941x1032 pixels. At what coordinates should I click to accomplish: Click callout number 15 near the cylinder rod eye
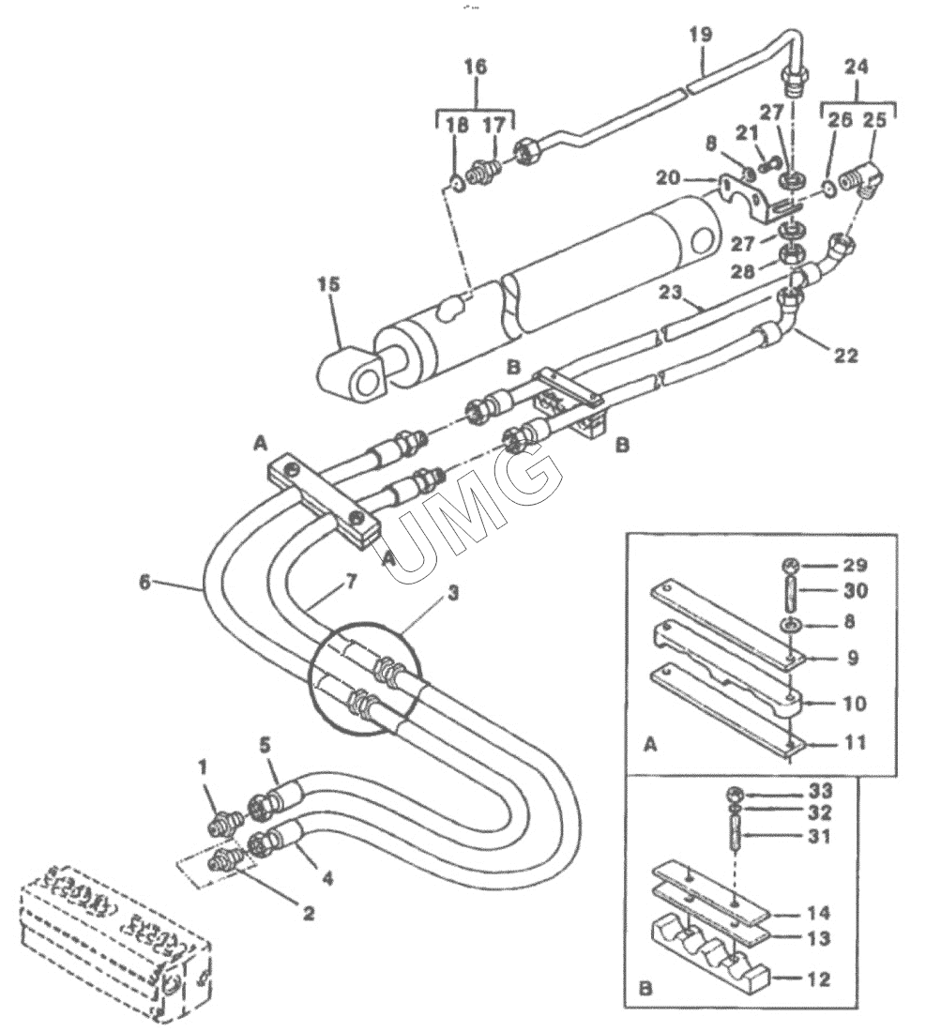(328, 285)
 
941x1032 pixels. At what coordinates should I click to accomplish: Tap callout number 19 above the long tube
(702, 34)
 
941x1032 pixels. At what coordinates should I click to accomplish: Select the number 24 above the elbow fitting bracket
(857, 67)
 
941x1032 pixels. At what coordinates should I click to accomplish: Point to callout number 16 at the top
(475, 67)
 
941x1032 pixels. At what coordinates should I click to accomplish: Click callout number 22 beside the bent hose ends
(846, 357)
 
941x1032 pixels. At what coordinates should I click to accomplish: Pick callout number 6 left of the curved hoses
(145, 582)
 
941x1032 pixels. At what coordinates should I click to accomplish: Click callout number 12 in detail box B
(818, 979)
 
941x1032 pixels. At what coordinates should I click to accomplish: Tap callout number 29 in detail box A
(855, 566)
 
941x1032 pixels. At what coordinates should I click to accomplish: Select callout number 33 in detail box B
(820, 791)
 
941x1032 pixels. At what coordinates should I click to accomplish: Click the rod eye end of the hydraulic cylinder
(353, 376)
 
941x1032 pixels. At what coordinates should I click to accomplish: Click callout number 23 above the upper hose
(671, 292)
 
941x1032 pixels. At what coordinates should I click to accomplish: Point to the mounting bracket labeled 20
(744, 197)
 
